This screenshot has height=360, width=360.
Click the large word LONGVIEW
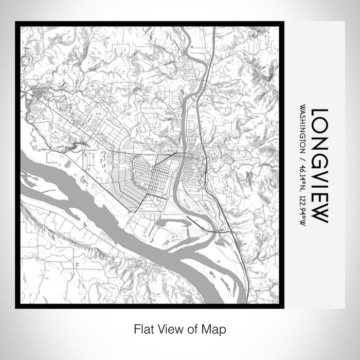point(318,165)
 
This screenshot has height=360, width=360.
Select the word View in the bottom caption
point(167,328)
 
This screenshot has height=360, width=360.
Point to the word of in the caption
point(189,328)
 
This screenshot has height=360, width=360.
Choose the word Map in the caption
point(210,328)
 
